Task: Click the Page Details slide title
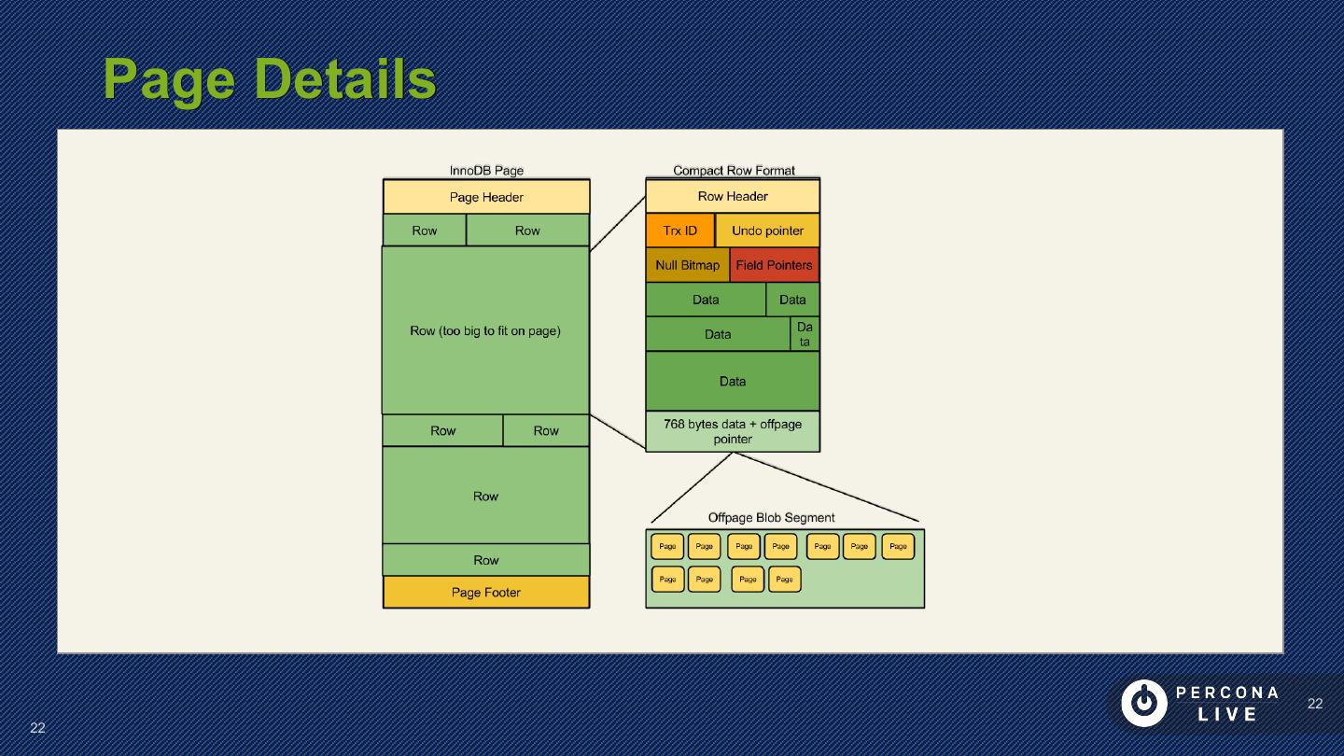pos(269,78)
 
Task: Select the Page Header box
pos(485,197)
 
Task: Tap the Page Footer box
pos(485,593)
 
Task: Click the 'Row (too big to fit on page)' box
pos(485,330)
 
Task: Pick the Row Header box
pos(733,196)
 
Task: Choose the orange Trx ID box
pos(679,231)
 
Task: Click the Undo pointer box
pos(767,231)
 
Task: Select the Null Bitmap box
pos(687,265)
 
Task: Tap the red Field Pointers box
pos(774,265)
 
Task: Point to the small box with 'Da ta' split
pos(805,334)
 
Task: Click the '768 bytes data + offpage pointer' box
pos(733,431)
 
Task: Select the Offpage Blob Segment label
pos(771,517)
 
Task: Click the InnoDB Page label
pos(486,171)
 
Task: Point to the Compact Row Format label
pos(734,171)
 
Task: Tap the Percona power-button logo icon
pos(1143,703)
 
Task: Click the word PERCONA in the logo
pos(1227,693)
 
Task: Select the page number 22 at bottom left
pos(37,728)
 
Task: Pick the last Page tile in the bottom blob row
pos(785,580)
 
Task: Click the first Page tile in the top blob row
pos(667,547)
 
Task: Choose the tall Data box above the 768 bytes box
pos(733,381)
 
